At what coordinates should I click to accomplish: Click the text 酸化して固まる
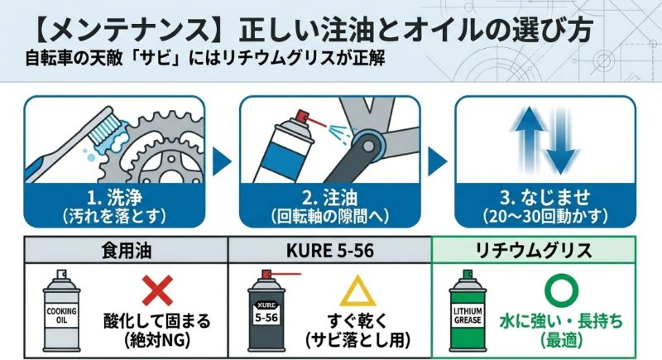coord(157,321)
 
